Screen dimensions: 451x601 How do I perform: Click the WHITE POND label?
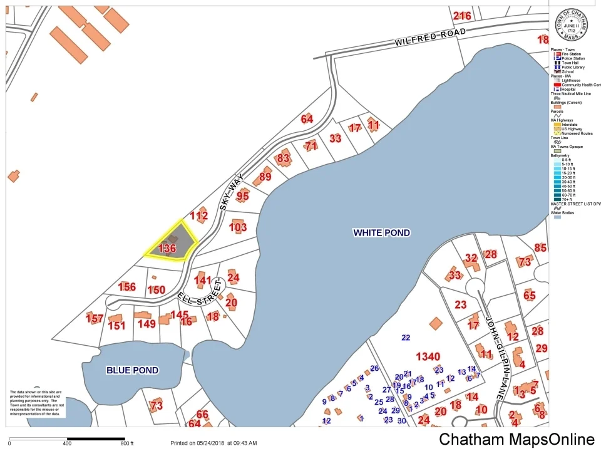click(x=381, y=233)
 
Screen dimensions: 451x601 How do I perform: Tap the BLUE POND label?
click(x=132, y=370)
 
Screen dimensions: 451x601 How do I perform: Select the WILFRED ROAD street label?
click(x=430, y=37)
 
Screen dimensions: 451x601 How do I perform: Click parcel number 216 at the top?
click(x=462, y=16)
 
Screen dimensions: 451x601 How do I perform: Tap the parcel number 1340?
click(x=428, y=356)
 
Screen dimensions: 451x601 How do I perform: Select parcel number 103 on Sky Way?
click(x=238, y=227)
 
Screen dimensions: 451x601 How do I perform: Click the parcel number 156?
click(x=126, y=287)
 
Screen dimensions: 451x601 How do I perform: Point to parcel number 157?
click(x=95, y=319)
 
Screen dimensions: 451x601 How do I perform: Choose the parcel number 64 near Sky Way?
click(x=307, y=119)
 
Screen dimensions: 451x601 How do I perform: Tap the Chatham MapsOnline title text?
click(x=516, y=440)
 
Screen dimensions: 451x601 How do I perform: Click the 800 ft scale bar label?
click(x=127, y=443)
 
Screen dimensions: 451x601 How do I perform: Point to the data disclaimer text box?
click(x=36, y=403)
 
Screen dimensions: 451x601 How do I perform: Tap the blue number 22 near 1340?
click(x=406, y=338)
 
